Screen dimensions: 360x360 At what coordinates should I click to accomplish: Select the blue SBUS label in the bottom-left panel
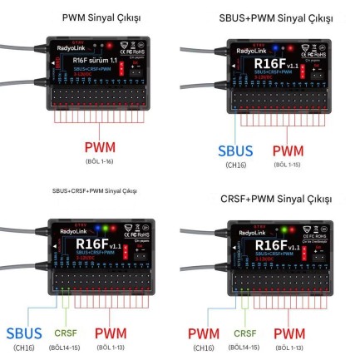click(x=24, y=333)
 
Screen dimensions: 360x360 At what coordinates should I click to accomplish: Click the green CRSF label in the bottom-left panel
click(x=66, y=332)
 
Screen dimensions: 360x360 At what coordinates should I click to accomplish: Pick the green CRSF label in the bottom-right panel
click(x=246, y=332)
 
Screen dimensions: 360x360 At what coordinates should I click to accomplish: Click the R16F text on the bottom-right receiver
click(x=271, y=244)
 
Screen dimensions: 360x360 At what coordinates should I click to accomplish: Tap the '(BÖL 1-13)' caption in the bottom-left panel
click(x=112, y=347)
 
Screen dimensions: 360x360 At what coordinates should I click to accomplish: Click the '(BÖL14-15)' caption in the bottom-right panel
click(x=246, y=347)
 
